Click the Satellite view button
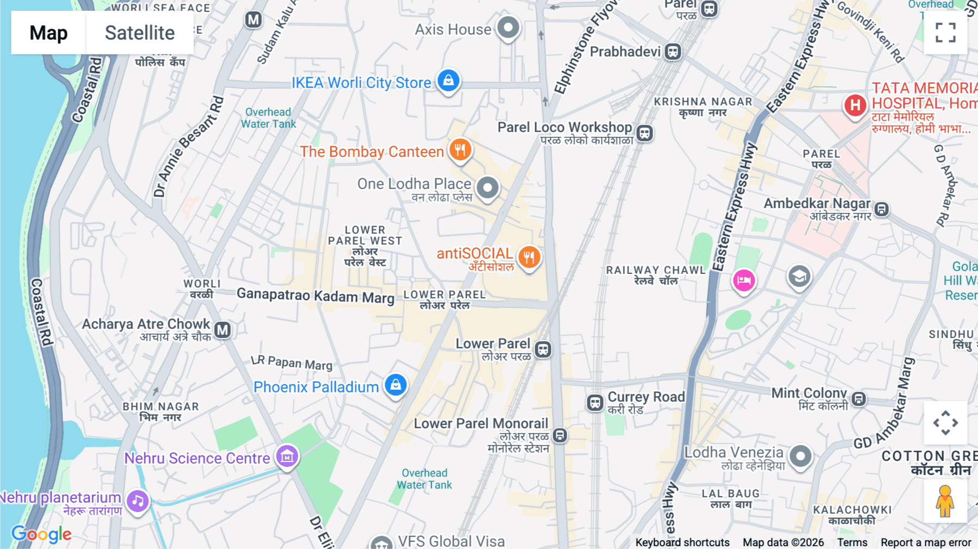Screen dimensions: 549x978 pos(140,33)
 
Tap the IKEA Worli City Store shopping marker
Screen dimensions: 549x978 pos(448,81)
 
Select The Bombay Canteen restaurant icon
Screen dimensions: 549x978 pos(460,149)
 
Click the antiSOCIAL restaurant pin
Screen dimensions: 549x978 pos(529,257)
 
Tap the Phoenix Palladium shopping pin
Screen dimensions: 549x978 pos(396,385)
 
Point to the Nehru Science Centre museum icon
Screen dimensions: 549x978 pos(287,456)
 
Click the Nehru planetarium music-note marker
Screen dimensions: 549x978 pos(138,501)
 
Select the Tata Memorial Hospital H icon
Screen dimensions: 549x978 pos(855,105)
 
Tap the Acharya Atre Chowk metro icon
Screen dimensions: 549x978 pos(222,330)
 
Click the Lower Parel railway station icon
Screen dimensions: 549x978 pos(543,350)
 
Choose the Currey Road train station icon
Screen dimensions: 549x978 pos(595,403)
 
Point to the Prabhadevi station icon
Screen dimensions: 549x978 pos(673,52)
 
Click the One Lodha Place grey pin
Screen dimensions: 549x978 pos(487,188)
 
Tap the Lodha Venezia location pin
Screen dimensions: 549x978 pos(800,456)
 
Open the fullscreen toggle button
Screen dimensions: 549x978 pos(945,33)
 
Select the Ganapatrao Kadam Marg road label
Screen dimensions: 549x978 pos(316,296)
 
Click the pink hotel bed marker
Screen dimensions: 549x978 pos(744,280)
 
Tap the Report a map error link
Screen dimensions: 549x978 pos(926,542)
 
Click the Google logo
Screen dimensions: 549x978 pos(41,534)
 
